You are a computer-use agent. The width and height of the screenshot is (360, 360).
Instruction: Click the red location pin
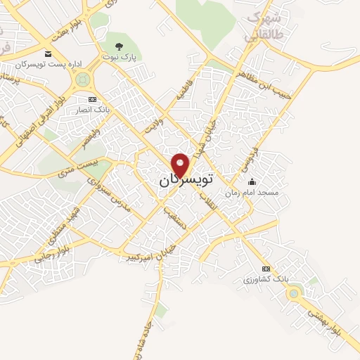(181, 164)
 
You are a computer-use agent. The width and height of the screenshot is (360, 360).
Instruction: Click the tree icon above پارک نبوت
(117, 46)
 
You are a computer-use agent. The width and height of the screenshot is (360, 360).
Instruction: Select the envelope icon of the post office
(47, 54)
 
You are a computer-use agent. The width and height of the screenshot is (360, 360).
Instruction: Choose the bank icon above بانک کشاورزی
(266, 269)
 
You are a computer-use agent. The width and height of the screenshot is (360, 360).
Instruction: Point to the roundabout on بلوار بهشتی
(294, 294)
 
